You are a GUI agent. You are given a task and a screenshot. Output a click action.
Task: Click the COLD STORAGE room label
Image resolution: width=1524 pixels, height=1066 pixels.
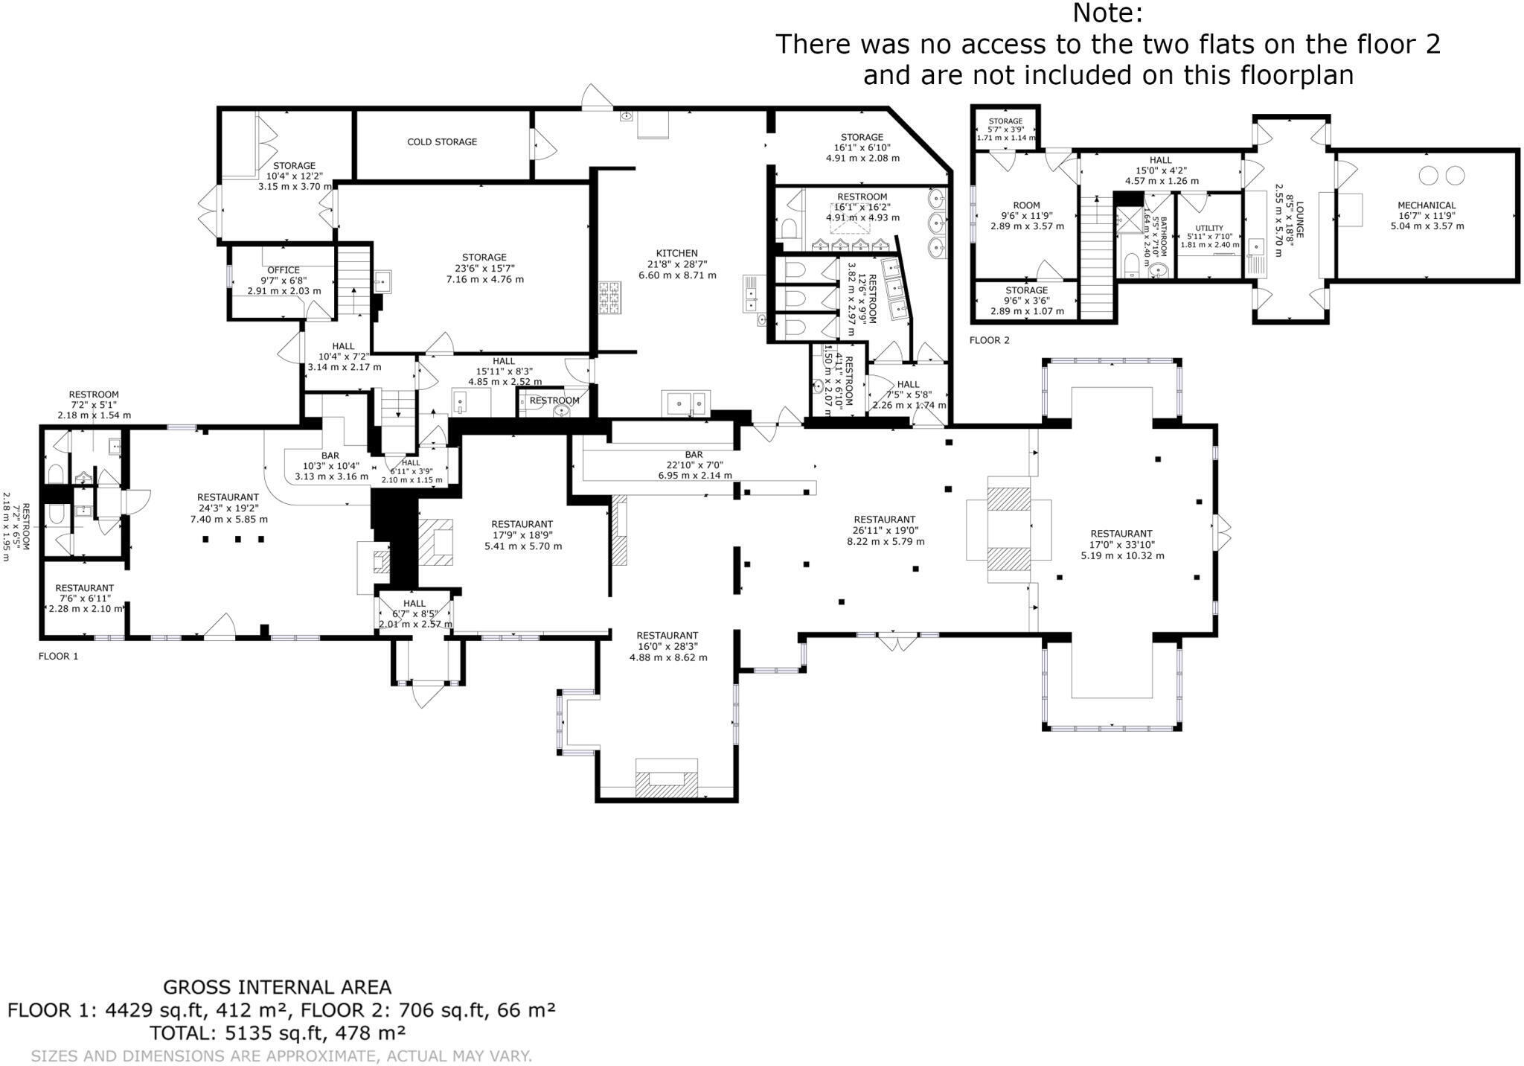[442, 141]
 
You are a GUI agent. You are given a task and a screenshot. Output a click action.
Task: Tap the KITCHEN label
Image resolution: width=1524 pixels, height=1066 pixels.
[676, 253]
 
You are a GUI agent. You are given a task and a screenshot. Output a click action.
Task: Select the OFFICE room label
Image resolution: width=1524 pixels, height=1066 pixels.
[284, 270]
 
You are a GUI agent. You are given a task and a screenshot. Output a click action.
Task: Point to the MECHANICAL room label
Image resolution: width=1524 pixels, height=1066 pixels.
[1427, 205]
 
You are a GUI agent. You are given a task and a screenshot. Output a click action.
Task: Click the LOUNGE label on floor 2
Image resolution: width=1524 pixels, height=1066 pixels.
[1300, 220]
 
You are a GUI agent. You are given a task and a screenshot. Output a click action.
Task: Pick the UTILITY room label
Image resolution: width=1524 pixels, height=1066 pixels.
[1209, 228]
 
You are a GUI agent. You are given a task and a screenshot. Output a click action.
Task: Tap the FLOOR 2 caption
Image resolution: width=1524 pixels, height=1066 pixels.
[989, 340]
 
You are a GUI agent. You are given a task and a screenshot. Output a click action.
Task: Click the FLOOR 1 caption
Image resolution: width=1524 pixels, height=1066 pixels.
[58, 656]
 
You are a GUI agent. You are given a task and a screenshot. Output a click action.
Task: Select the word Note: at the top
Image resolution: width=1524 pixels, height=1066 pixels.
[1107, 13]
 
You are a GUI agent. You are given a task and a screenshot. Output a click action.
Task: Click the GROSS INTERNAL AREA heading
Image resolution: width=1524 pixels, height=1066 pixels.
[277, 987]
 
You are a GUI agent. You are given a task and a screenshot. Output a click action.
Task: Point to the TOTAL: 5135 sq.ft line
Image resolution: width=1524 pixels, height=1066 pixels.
[277, 1033]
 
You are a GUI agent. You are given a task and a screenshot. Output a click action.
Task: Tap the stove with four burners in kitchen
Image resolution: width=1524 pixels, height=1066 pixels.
[615, 297]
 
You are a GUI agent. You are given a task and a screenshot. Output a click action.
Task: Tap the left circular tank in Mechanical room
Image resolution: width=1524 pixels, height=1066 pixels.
[1428, 176]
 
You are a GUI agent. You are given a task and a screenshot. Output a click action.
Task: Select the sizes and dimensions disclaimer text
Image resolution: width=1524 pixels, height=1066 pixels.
[281, 1056]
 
